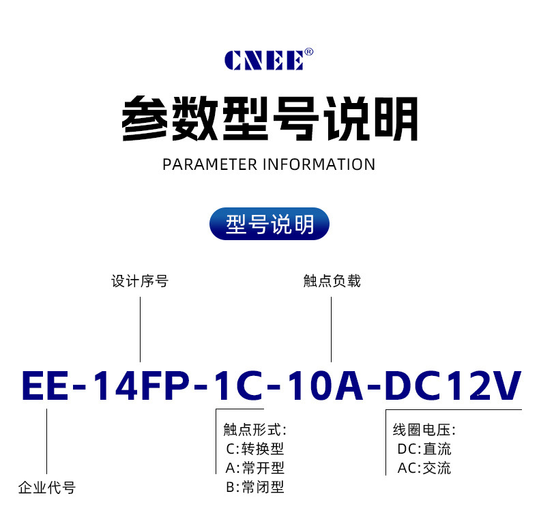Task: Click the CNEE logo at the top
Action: point(264,60)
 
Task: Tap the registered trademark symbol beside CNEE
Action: point(308,52)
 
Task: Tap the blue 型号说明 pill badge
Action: point(269,224)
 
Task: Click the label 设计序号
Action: point(140,281)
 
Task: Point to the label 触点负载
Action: point(332,281)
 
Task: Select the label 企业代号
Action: point(46,487)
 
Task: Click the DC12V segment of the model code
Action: point(453,387)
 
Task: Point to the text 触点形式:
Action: point(254,430)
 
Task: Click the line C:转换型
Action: point(254,449)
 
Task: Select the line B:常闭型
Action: point(254,487)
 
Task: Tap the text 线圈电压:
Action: point(424,430)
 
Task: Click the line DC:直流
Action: point(424,449)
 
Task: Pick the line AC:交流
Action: point(424,468)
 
